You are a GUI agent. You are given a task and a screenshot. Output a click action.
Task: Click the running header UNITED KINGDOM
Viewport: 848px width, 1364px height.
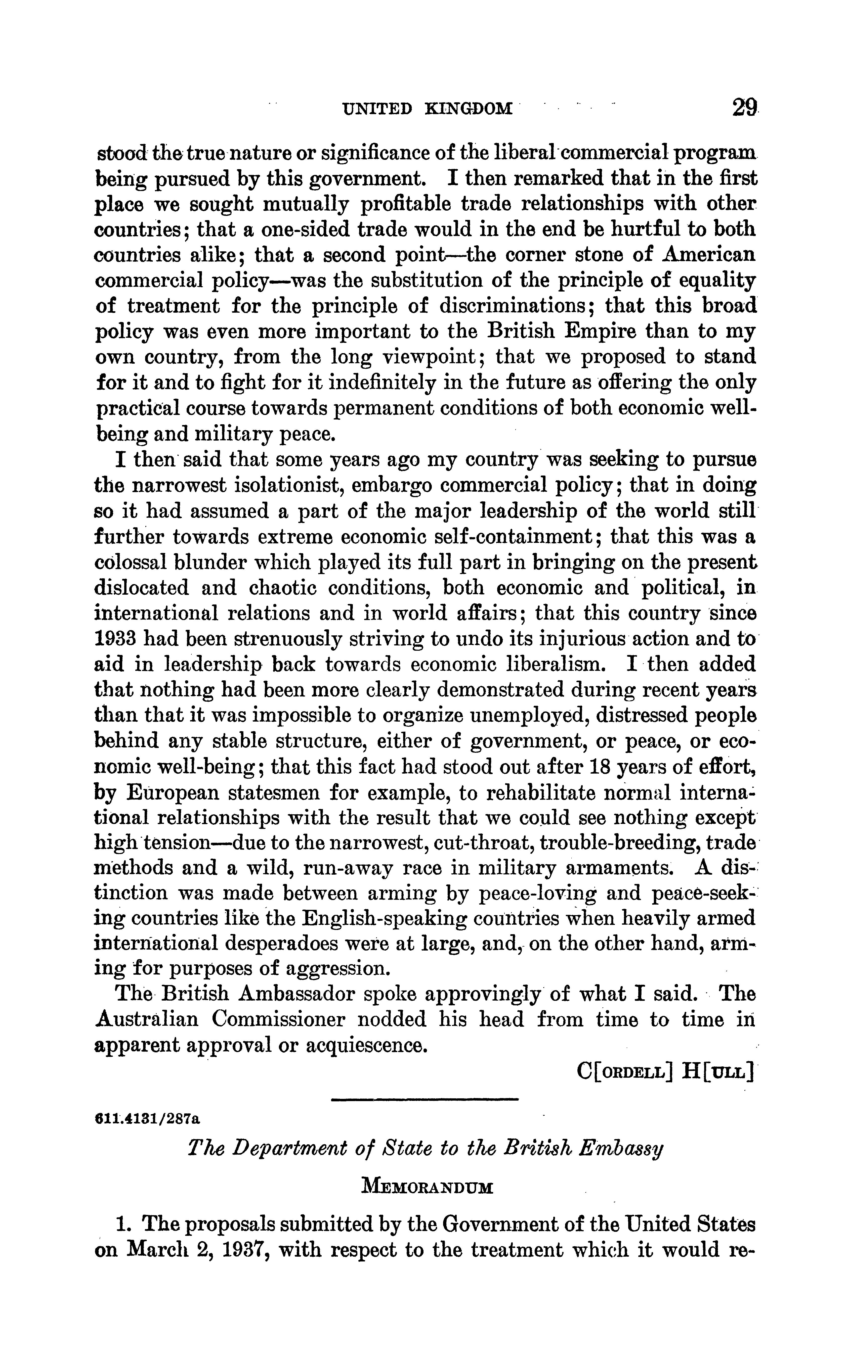(x=427, y=108)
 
